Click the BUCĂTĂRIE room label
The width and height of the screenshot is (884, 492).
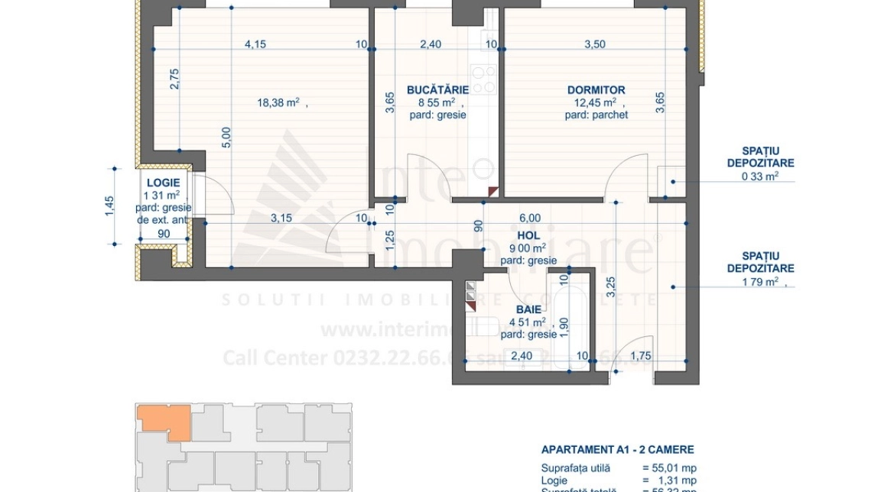(x=437, y=89)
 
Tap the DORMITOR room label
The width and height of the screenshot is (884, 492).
(x=596, y=89)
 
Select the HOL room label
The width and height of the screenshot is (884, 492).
(x=528, y=236)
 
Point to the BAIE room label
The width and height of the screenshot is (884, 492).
(x=528, y=309)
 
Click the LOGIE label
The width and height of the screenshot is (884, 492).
(x=163, y=183)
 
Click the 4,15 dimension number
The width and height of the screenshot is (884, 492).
(x=255, y=44)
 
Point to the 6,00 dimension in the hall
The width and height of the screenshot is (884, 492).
(x=530, y=218)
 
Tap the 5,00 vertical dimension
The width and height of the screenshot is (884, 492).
(x=226, y=138)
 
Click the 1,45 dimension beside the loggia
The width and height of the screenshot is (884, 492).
(x=109, y=206)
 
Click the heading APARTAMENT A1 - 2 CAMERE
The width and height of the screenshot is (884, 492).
(x=617, y=450)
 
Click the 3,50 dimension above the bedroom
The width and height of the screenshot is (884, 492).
(x=594, y=44)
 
